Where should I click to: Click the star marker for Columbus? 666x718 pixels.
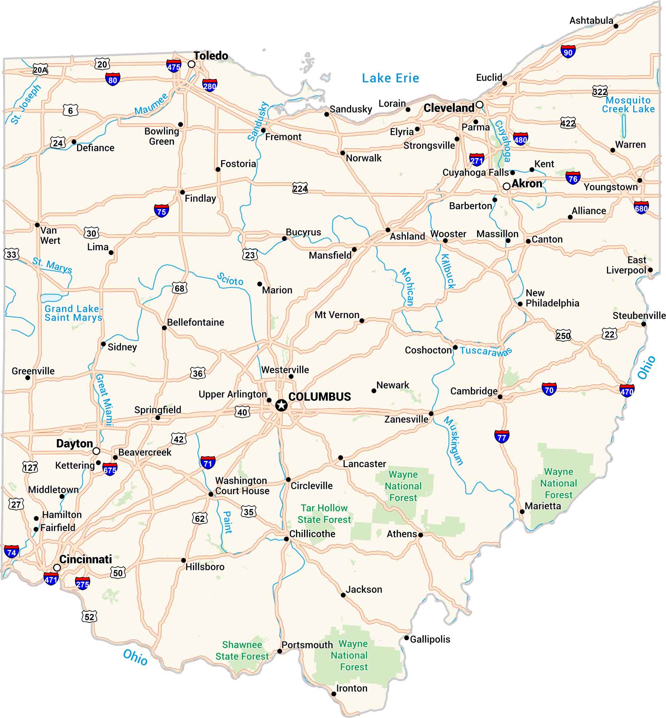coord(281,405)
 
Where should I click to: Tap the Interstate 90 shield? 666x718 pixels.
coord(568,52)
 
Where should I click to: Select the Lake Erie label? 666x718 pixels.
coord(390,78)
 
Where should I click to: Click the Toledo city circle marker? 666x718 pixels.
coord(192,64)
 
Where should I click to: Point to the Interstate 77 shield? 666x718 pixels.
coord(501,437)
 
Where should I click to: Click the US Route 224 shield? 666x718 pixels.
coord(300,188)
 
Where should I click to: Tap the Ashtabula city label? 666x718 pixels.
coord(591,20)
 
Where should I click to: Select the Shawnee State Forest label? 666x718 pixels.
coord(242,650)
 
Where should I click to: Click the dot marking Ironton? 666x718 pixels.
coord(334,694)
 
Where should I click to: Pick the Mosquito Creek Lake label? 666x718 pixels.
coord(628,104)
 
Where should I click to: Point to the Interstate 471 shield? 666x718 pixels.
coord(51,579)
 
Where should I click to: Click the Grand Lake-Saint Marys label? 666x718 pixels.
coord(73,313)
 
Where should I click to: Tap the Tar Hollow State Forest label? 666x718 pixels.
coord(324,513)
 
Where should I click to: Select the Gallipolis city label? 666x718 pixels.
coord(430,639)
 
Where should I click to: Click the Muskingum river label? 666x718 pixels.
coord(453,441)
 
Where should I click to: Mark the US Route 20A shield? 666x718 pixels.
coord(40,70)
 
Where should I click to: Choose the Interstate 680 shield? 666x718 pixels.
coord(641,208)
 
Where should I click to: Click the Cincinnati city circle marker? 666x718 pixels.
coord(57,568)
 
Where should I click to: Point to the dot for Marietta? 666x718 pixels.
coord(522,511)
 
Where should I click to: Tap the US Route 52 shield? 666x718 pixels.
coord(89,617)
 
